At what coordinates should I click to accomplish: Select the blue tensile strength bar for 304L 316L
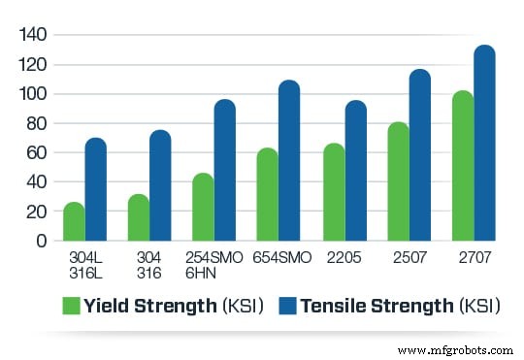coord(95,189)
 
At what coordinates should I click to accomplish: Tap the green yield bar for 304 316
coord(139,217)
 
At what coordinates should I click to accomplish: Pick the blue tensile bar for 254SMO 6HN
coord(224,170)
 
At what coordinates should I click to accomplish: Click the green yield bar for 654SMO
coord(268,194)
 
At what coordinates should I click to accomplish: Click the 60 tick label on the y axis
coord(35,152)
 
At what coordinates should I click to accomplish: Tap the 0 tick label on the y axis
coord(41,240)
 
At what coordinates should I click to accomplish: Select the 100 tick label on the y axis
coord(33,94)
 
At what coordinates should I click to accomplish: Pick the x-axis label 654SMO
coord(278,257)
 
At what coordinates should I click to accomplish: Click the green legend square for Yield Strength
coord(71,306)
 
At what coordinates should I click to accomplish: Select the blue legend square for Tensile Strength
coord(288,306)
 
